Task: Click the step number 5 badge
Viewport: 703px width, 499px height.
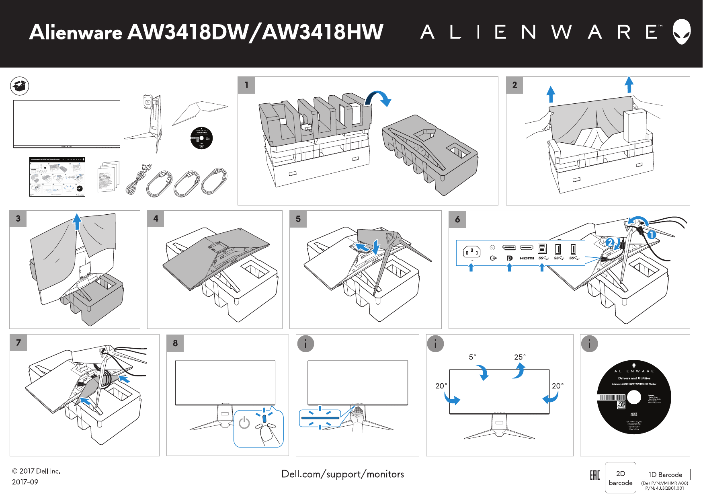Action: [298, 219]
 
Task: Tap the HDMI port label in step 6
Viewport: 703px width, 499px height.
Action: [527, 258]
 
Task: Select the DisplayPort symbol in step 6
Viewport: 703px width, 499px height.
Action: [509, 258]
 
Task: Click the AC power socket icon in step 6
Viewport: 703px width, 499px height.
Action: [471, 253]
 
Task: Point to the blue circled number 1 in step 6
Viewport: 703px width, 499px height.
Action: [652, 235]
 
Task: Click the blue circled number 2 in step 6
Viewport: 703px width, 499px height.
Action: [610, 242]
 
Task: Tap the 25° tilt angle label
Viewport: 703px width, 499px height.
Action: [520, 357]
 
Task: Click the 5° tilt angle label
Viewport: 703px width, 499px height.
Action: [472, 357]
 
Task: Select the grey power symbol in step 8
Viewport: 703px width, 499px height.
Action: [244, 423]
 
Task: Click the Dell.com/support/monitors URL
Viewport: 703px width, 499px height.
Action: [342, 474]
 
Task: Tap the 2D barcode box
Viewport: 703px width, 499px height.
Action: [620, 478]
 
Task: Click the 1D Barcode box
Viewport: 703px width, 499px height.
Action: [665, 474]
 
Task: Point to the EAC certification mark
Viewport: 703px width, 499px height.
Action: [594, 475]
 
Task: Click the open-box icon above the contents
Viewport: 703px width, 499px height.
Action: [19, 86]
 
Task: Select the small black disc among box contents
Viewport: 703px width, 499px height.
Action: [201, 138]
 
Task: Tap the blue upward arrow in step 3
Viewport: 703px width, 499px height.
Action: [77, 222]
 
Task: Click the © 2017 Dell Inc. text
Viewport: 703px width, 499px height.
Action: [36, 471]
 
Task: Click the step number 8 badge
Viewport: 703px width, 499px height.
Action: [175, 343]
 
